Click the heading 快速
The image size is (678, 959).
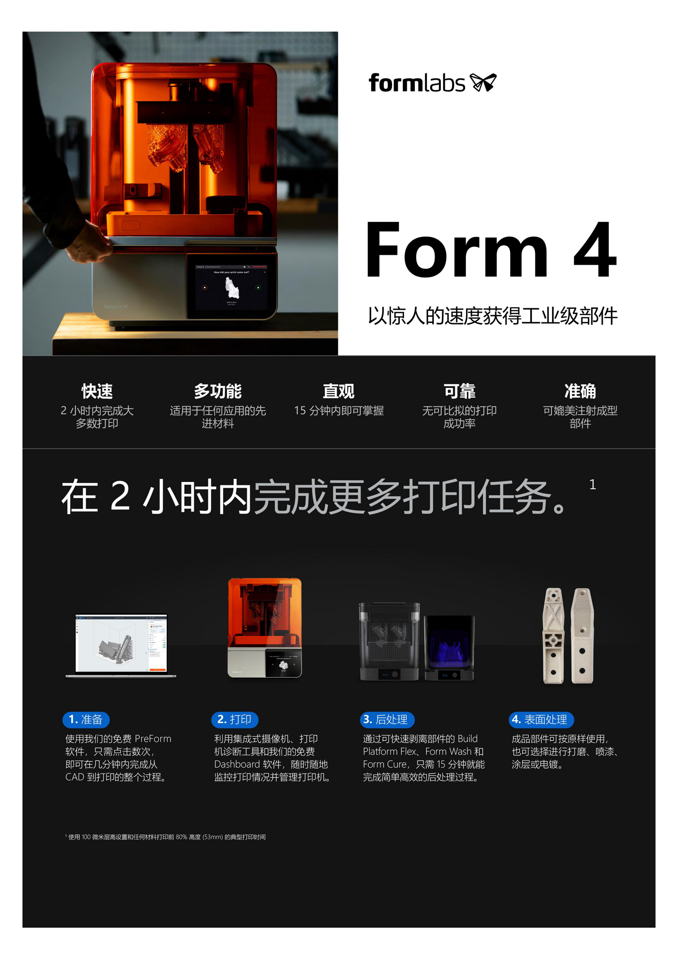[x=97, y=391]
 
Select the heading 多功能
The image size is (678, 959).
[x=217, y=391]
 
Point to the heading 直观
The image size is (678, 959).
[x=339, y=391]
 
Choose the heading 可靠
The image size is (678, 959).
[x=459, y=391]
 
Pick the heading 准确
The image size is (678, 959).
[x=580, y=391]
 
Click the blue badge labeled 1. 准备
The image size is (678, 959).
[x=86, y=720]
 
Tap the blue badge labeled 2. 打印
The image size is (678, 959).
[x=235, y=720]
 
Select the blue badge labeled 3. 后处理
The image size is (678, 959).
[x=387, y=720]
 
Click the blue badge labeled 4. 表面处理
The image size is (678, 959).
[x=541, y=720]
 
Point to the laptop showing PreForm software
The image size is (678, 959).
[x=121, y=644]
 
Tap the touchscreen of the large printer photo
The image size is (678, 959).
[x=231, y=287]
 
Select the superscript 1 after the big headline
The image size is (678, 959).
[x=592, y=484]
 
